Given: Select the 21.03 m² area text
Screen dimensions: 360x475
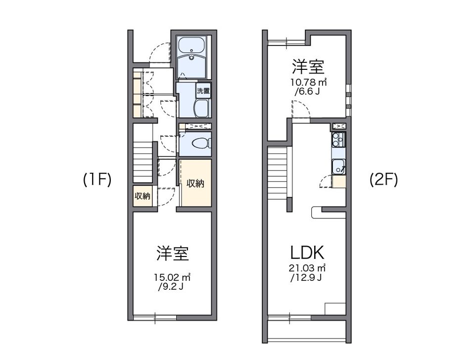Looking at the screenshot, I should coord(307,268).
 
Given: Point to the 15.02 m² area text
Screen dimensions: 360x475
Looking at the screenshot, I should coord(172,277).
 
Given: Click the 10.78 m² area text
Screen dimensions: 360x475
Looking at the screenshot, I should coord(308,82).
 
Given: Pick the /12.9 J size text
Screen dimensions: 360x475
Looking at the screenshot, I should coord(307,277).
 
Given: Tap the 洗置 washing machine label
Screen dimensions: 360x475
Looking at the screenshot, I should coord(203,91).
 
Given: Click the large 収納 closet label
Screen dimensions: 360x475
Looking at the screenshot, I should coord(195,183).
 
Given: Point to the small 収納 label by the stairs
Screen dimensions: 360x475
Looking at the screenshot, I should coord(142,196).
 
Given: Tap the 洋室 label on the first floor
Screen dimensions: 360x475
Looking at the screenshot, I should coord(173,254).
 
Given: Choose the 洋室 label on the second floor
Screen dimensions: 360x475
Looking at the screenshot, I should coord(307,66).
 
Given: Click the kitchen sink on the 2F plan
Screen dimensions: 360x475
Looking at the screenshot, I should coord(339,166).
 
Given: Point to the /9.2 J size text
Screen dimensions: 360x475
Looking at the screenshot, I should coord(172,286).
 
